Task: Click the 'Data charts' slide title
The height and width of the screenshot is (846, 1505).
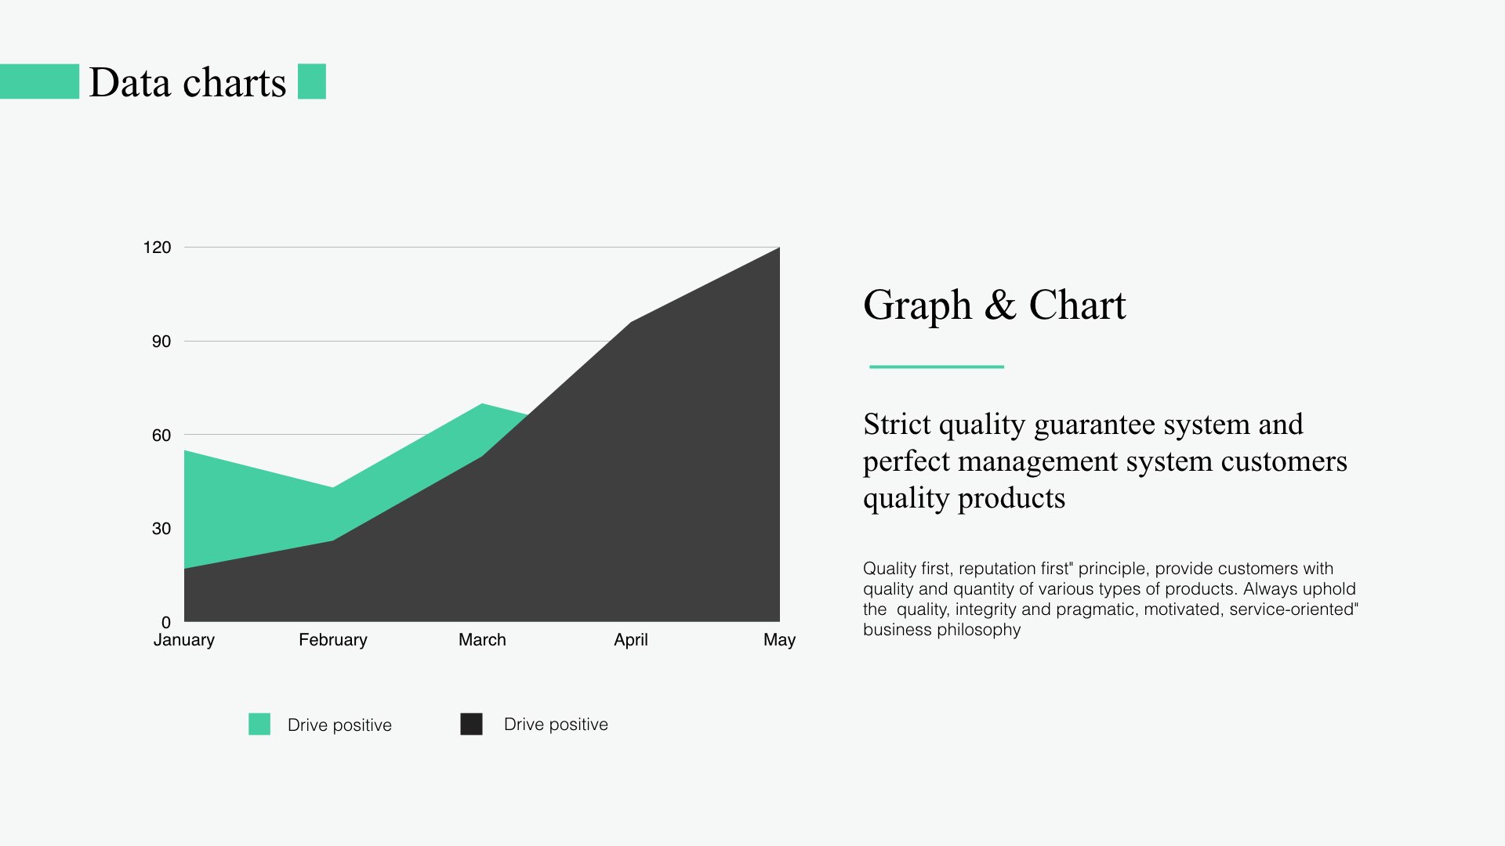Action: coord(187,82)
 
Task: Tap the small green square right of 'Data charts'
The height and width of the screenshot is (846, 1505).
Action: coord(312,81)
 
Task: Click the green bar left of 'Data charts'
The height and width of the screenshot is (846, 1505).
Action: coord(39,81)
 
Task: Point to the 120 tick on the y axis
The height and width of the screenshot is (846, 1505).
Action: coord(157,248)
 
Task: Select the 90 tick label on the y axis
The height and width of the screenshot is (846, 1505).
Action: coord(161,342)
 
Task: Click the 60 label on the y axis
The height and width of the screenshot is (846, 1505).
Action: coord(161,436)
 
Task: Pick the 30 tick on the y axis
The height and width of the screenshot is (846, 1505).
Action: coord(161,529)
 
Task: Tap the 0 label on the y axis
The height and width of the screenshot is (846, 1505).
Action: coord(166,623)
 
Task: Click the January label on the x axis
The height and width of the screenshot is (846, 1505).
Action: coord(184,640)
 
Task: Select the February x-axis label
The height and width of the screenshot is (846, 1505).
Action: coord(333,640)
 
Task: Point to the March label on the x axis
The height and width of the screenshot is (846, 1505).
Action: coord(482,640)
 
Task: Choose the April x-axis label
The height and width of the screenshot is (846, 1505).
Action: coord(631,640)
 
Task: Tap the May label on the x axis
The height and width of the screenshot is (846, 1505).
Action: coord(780,640)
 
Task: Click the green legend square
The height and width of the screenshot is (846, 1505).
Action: coord(259,724)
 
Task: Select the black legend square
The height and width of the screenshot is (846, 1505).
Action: coord(471,724)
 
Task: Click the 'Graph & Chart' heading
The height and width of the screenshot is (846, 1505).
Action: coord(995,305)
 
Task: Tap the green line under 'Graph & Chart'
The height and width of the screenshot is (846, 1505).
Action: coord(937,367)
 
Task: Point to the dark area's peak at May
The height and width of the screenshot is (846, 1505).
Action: coord(779,248)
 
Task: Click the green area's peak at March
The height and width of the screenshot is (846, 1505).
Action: coord(482,405)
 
